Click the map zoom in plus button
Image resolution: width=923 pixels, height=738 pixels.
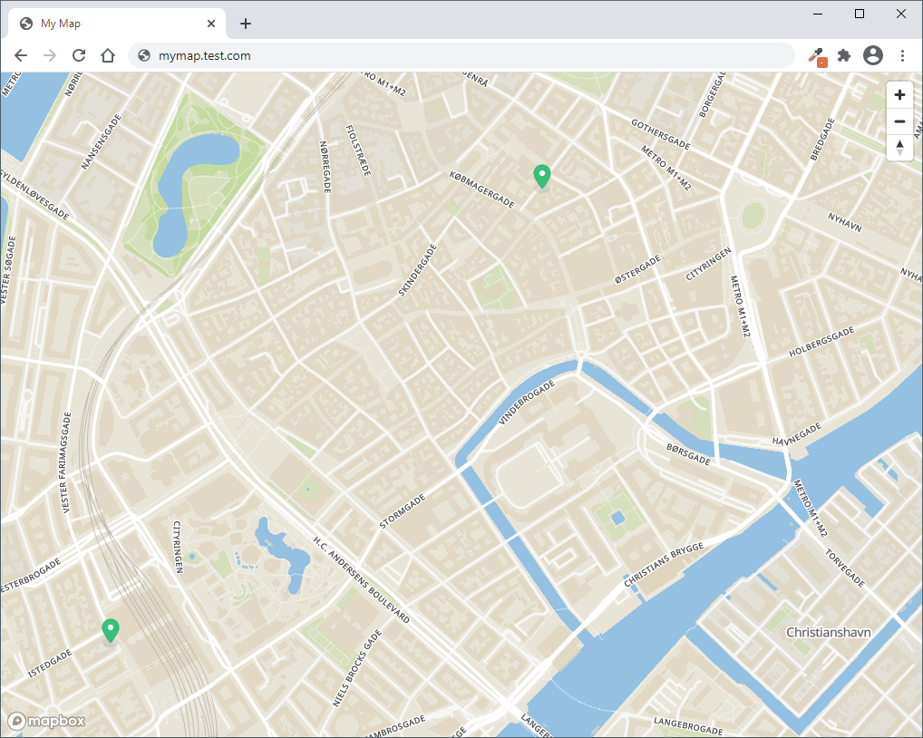tap(899, 95)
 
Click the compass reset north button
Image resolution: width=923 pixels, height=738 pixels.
tap(899, 147)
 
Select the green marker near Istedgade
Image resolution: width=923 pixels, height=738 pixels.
tap(111, 630)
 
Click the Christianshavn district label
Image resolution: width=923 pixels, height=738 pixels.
tap(828, 632)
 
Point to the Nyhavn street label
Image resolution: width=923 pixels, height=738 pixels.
tap(844, 223)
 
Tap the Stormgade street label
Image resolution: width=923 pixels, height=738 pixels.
tap(403, 511)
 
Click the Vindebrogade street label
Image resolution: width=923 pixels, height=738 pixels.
tap(527, 402)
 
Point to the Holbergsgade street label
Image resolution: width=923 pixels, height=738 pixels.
tap(821, 344)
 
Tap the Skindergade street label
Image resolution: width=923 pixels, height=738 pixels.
tap(418, 270)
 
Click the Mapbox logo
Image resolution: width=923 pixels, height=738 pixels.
tap(47, 721)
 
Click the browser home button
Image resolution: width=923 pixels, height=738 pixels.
tap(108, 56)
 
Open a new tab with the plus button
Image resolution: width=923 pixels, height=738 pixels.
tap(246, 24)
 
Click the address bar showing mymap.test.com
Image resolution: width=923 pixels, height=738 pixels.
tap(453, 56)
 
